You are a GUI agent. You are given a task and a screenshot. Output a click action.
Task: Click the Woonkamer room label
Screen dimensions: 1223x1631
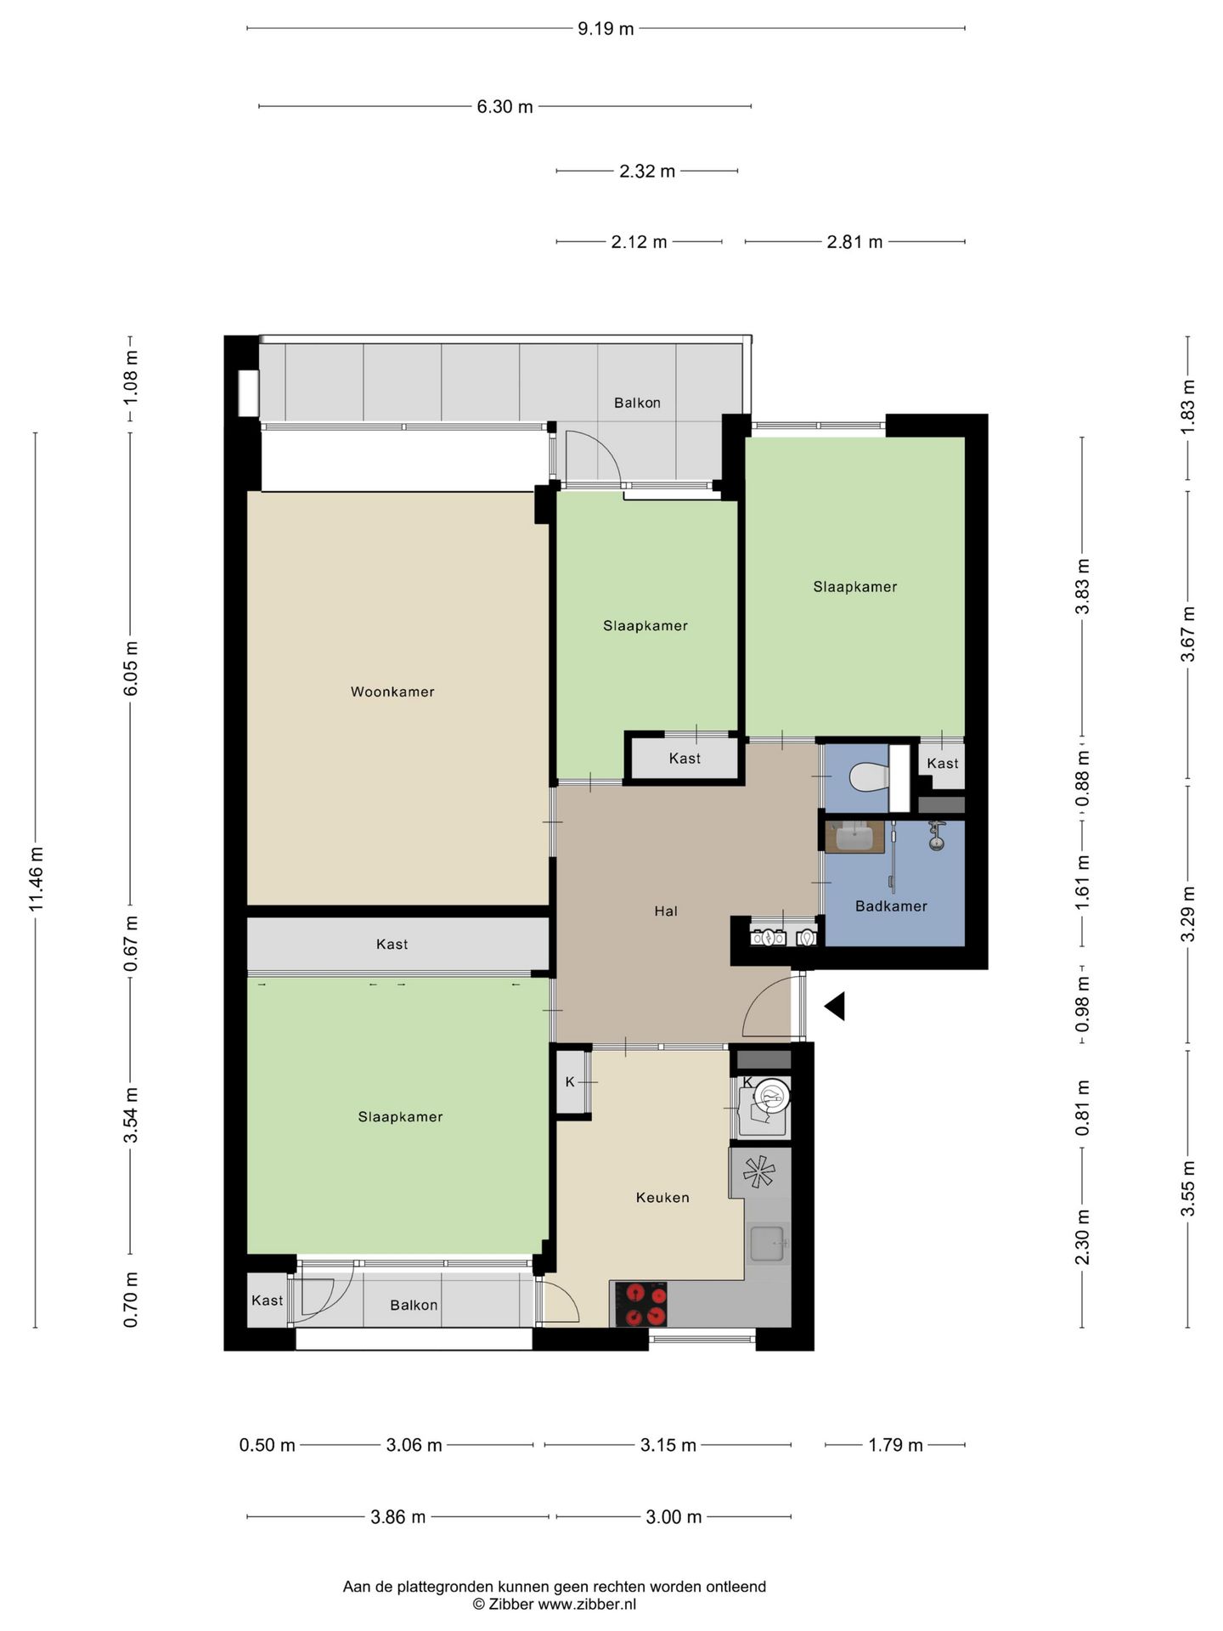point(392,691)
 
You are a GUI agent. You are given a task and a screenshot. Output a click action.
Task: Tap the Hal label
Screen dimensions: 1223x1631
point(666,911)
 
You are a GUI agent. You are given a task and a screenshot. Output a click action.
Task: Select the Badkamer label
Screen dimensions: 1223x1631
point(891,906)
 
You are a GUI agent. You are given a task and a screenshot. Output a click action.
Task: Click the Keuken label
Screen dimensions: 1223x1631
point(662,1198)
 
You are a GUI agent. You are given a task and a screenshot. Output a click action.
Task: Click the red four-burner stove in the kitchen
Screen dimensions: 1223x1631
point(646,1305)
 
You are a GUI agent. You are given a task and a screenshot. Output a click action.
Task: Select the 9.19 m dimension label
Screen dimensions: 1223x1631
point(606,29)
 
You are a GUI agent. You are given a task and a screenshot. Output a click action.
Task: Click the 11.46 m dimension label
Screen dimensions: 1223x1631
point(36,878)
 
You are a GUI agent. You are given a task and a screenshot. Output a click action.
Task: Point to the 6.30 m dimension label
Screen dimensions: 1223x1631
point(504,107)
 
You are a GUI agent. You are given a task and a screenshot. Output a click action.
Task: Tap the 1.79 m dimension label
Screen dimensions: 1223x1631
point(895,1445)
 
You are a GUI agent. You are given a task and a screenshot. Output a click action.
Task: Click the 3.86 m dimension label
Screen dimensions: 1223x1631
point(398,1517)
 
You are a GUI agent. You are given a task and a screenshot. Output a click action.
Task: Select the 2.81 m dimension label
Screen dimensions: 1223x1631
point(854,242)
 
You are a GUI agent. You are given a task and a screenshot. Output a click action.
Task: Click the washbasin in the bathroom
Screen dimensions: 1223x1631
point(855,837)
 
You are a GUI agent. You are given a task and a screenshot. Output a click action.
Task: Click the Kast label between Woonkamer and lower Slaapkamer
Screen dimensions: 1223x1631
point(392,945)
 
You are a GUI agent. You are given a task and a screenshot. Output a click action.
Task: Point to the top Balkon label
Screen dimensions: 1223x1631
point(637,403)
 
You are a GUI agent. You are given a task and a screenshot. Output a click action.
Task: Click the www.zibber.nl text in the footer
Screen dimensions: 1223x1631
point(588,1605)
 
